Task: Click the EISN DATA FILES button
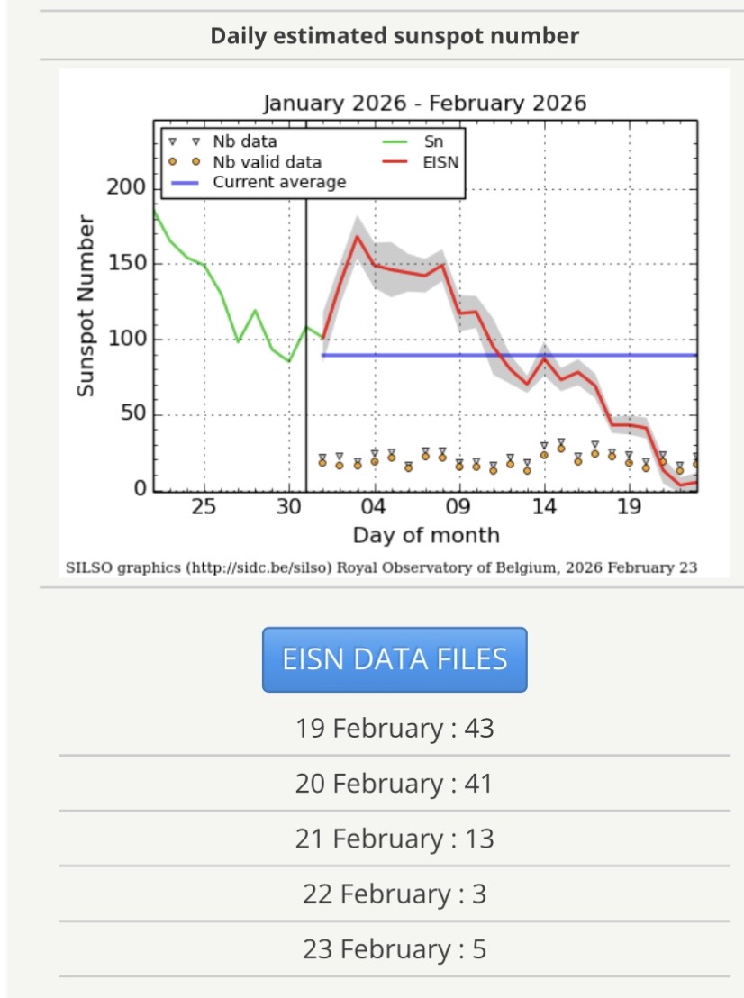pyautogui.click(x=395, y=659)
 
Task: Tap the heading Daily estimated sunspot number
pyautogui.click(x=395, y=36)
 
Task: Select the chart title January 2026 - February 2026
pyautogui.click(x=424, y=103)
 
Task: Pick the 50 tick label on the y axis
pyautogui.click(x=132, y=415)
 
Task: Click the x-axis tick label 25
pyautogui.click(x=204, y=507)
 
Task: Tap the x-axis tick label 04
pyautogui.click(x=374, y=507)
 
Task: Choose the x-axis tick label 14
pyautogui.click(x=544, y=507)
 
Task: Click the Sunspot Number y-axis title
pyautogui.click(x=86, y=306)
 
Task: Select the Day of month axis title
pyautogui.click(x=425, y=535)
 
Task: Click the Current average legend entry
pyautogui.click(x=278, y=182)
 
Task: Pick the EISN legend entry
pyautogui.click(x=440, y=162)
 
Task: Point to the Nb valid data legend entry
pyautogui.click(x=267, y=162)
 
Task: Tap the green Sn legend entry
pyautogui.click(x=433, y=141)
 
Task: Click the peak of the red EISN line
pyautogui.click(x=357, y=236)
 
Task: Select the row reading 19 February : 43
pyautogui.click(x=395, y=728)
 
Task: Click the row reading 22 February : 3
pyautogui.click(x=395, y=894)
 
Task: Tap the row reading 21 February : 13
pyautogui.click(x=395, y=839)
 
